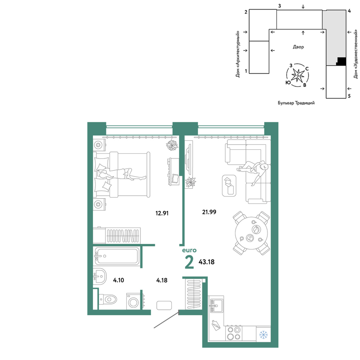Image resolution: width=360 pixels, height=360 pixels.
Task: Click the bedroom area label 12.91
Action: coord(162,213)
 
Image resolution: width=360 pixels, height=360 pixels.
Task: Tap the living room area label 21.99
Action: coord(209,212)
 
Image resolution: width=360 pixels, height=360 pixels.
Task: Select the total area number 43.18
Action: coord(206,262)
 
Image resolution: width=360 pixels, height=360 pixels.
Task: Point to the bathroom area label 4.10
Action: coord(118,280)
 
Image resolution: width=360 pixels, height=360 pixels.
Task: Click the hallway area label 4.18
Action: coord(162,280)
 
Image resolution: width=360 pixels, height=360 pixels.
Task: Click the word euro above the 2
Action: coord(189,250)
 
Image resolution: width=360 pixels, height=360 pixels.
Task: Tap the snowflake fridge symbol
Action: coord(264,335)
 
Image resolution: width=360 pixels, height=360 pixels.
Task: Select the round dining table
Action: coord(252,233)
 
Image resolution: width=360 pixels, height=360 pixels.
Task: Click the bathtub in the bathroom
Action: coord(117,256)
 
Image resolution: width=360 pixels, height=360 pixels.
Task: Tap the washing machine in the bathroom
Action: coord(133,301)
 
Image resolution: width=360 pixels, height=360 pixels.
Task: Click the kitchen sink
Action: coord(216,306)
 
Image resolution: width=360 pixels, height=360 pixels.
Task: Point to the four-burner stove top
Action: coord(234,333)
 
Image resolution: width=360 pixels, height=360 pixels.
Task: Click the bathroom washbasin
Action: coord(100,276)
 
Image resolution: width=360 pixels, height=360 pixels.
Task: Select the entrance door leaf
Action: coord(166,320)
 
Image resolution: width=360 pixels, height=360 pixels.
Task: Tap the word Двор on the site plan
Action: coord(298,47)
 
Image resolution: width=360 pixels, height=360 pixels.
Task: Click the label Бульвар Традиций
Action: coord(296,103)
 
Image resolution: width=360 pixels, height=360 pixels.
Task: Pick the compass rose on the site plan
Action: coord(298,75)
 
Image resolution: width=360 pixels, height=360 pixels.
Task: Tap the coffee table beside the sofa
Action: coord(229,185)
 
